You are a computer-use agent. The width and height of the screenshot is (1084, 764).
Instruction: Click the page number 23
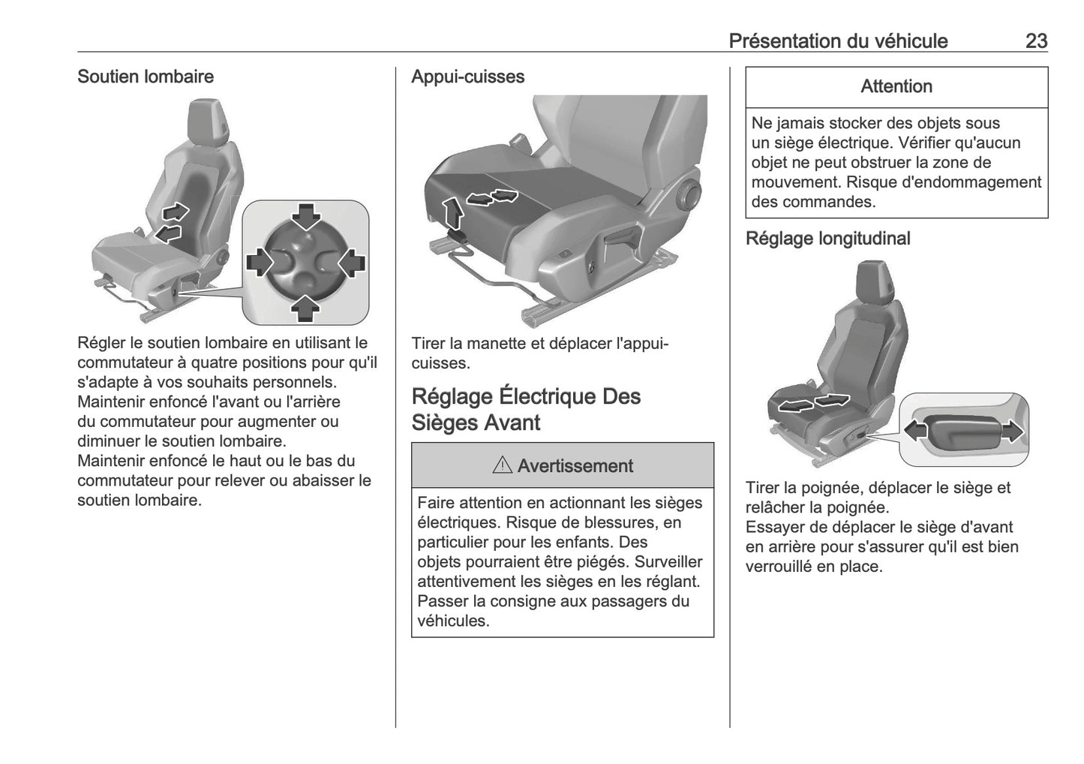[x=1035, y=41]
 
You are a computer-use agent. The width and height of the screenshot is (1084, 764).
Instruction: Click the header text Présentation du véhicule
[x=838, y=41]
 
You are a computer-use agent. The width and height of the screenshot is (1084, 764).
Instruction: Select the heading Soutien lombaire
[x=146, y=77]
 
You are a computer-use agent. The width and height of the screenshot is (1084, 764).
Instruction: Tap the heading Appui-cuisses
[x=467, y=77]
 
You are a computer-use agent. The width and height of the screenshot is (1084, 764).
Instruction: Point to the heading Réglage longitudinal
[x=827, y=239]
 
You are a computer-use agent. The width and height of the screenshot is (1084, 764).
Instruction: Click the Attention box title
[x=896, y=87]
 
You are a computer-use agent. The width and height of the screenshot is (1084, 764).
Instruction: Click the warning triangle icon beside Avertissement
[x=502, y=466]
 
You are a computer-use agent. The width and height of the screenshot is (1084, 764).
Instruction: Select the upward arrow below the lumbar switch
[x=306, y=307]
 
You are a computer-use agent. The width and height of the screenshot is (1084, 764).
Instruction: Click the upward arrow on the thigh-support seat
[x=452, y=212]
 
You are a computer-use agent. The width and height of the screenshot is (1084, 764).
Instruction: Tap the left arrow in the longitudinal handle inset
[x=915, y=430]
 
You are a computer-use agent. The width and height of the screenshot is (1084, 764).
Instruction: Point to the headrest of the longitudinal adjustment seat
[x=873, y=282]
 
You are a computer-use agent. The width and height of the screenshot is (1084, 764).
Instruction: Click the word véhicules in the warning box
[x=453, y=621]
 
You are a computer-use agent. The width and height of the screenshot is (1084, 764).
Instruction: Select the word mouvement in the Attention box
[x=789, y=182]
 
